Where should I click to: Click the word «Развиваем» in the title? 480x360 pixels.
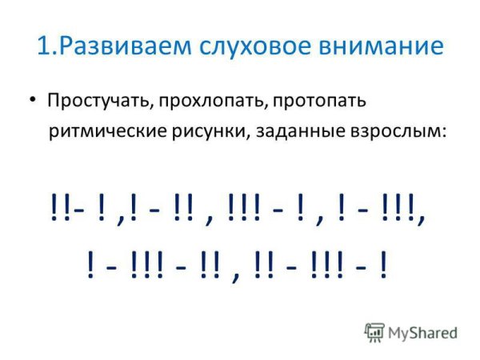point(119,45)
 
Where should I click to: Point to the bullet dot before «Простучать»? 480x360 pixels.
point(31,100)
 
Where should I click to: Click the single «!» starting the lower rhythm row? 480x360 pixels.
point(90,263)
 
